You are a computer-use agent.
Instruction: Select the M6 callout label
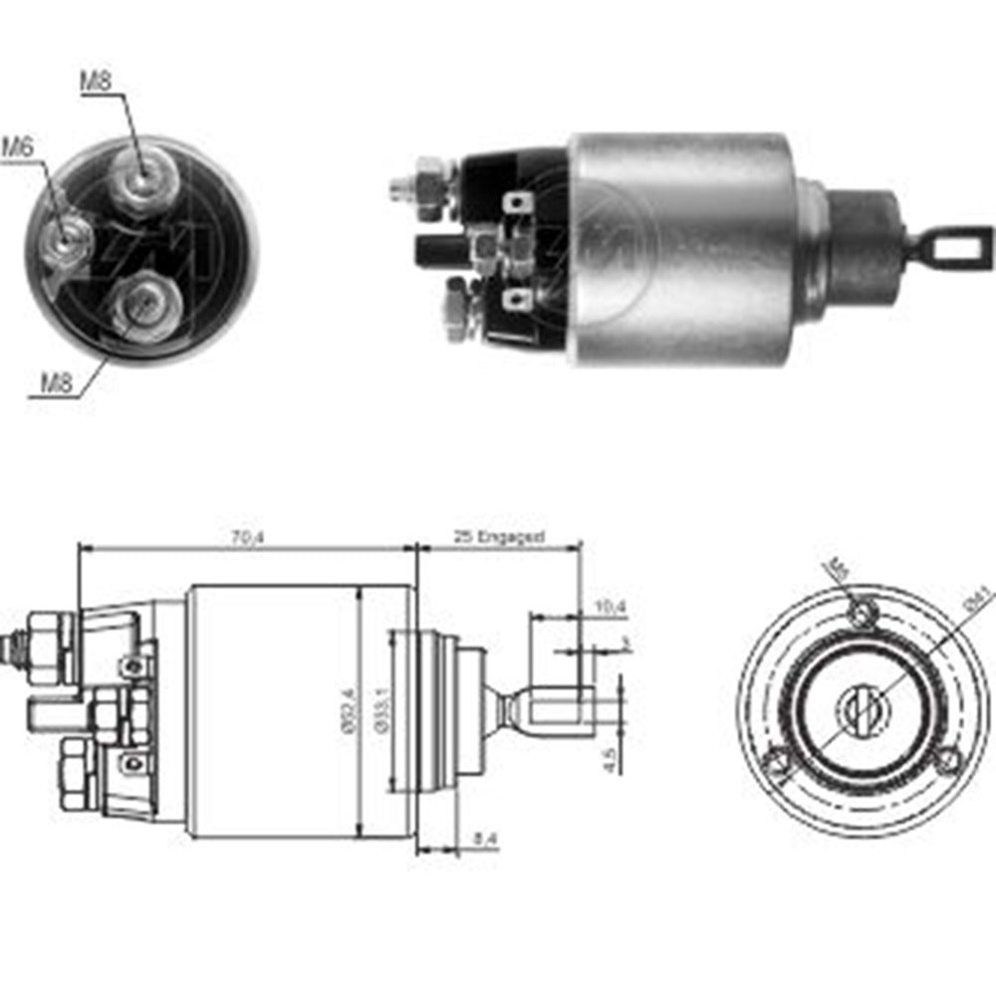[x=17, y=146]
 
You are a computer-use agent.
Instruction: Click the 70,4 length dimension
[x=240, y=538]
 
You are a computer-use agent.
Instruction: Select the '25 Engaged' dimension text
[x=499, y=538]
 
